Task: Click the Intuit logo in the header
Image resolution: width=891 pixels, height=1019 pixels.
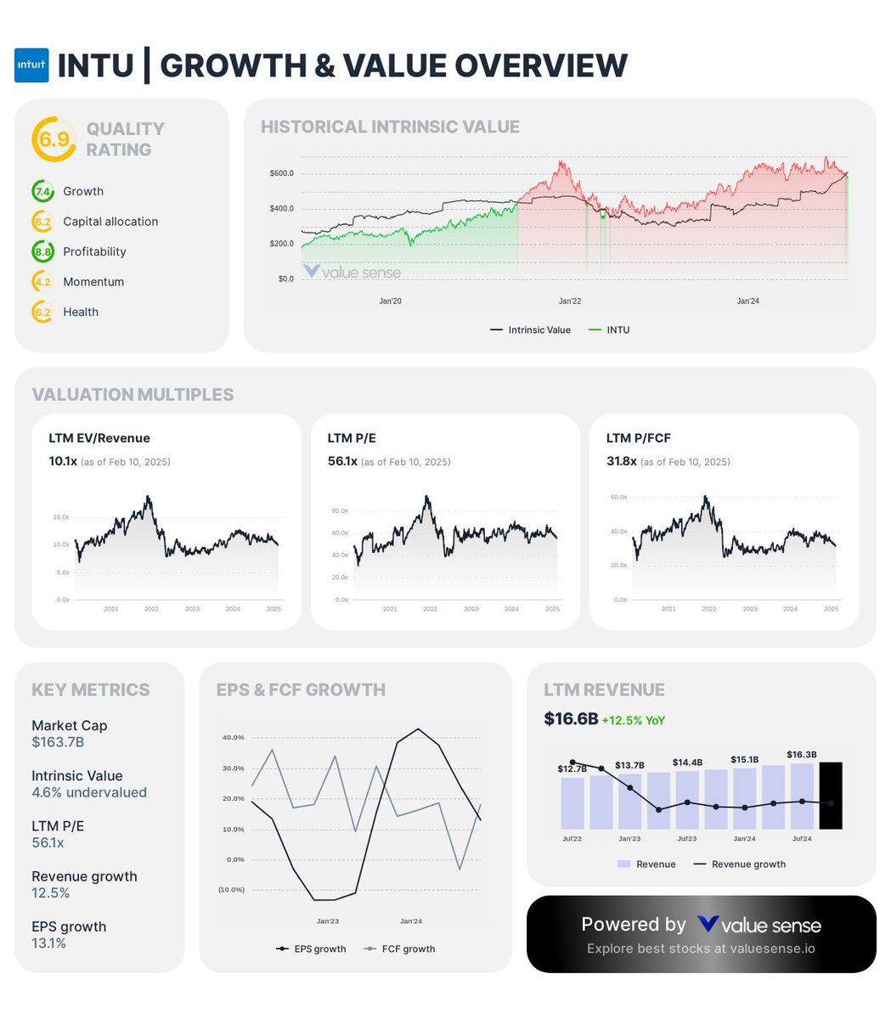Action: (x=31, y=65)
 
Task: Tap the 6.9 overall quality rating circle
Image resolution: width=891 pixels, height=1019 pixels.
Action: (x=54, y=138)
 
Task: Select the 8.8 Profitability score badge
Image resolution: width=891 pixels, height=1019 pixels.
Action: (x=42, y=251)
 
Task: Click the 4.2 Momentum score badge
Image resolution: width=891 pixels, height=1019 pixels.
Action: (x=42, y=282)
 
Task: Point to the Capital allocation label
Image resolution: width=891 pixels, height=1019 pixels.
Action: (x=110, y=222)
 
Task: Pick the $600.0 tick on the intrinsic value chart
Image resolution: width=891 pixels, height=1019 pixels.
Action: (x=281, y=173)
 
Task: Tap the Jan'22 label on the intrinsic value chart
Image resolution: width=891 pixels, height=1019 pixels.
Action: (x=570, y=301)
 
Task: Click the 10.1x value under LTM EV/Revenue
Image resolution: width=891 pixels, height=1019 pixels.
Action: (x=63, y=461)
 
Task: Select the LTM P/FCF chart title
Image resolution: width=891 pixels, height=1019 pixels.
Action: (x=638, y=438)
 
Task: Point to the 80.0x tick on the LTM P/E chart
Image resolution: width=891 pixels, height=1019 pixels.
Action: (x=340, y=511)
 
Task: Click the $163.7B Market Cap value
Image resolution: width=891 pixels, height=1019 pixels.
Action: (x=58, y=742)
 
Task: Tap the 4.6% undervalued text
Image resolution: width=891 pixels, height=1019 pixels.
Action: (x=89, y=792)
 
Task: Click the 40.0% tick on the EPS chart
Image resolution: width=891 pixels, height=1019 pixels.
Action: (x=233, y=737)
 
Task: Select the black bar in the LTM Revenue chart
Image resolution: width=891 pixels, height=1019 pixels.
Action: (x=830, y=796)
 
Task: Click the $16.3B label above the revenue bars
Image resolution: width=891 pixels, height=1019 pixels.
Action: (x=802, y=754)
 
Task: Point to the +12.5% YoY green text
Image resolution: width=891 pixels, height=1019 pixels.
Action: (x=633, y=720)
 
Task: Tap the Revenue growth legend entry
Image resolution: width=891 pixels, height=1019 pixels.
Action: (x=747, y=864)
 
